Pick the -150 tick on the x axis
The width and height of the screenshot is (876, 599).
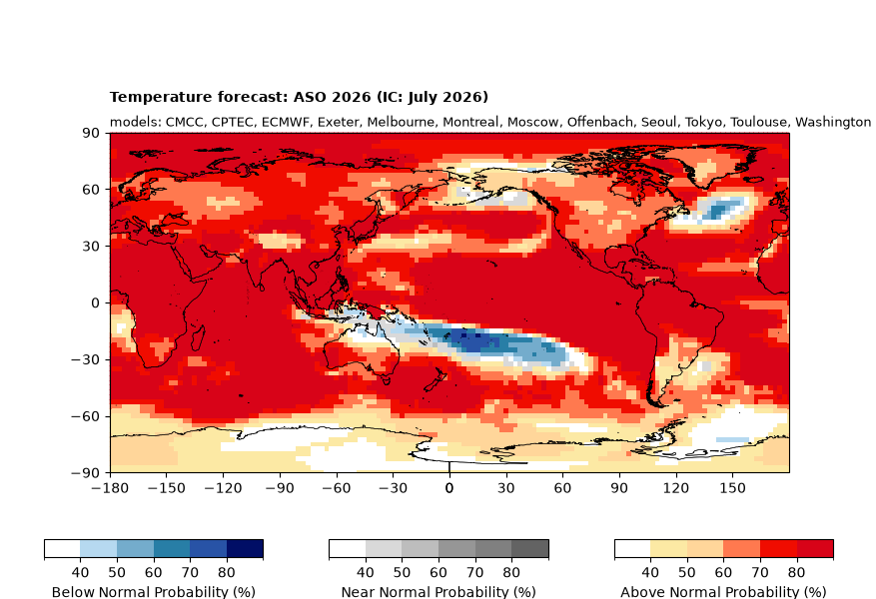coord(167,488)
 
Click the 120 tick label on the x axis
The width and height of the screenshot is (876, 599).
coord(676,488)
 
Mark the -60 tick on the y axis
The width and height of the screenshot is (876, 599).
coord(86,416)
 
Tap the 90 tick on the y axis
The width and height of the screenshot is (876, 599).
coord(92,133)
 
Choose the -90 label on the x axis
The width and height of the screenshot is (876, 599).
coord(280,488)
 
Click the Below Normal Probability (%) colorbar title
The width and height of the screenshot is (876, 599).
coord(154,592)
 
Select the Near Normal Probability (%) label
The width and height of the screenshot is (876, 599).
coord(438,592)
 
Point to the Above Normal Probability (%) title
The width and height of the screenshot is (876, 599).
coord(723,592)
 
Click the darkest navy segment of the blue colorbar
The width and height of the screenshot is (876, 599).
coord(245,549)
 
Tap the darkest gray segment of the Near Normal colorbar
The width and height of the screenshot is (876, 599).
coord(529,549)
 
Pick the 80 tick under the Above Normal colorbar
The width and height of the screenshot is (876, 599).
coord(797,573)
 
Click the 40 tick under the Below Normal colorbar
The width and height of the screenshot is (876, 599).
coord(81,573)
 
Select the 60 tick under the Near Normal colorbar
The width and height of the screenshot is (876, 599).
coord(438,573)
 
